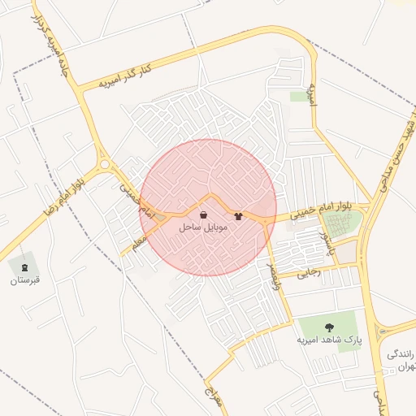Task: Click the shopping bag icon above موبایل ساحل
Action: pyautogui.click(x=202, y=215)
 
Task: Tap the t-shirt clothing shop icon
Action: pyautogui.click(x=238, y=216)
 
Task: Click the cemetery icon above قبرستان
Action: pyautogui.click(x=24, y=266)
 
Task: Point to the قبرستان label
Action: pyautogui.click(x=24, y=280)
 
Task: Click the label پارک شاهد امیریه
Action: pyautogui.click(x=327, y=338)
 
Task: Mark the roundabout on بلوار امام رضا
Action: pyautogui.click(x=104, y=167)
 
